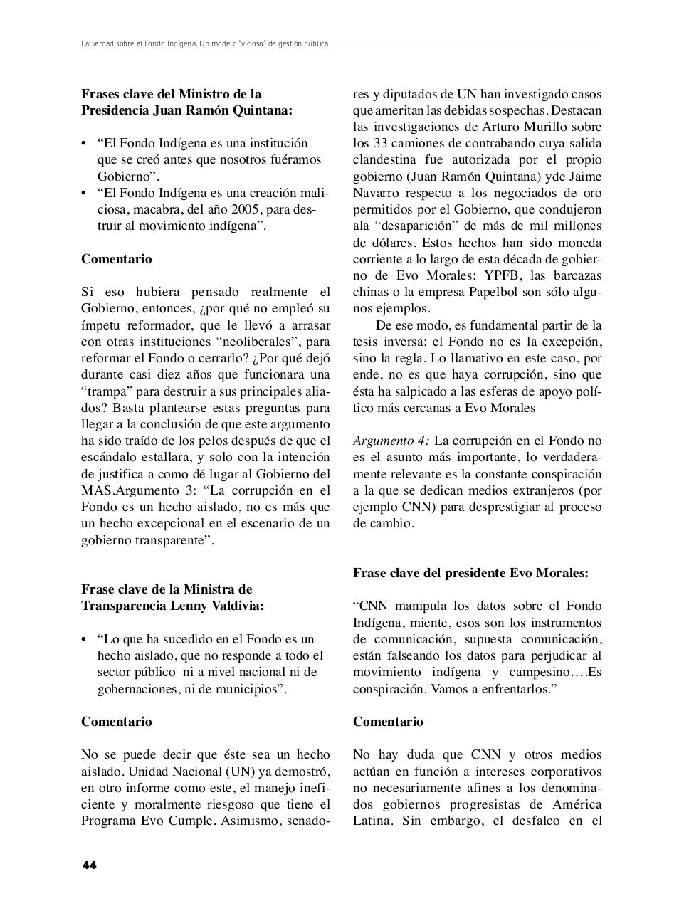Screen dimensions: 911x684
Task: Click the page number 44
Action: [x=89, y=865]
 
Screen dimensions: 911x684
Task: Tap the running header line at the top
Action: [x=205, y=44]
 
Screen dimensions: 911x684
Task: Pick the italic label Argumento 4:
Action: [x=391, y=441]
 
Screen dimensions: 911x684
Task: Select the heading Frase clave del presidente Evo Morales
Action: [x=470, y=573]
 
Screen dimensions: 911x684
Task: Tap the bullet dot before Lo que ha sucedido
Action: [x=85, y=639]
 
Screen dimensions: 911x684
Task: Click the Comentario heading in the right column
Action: [x=388, y=722]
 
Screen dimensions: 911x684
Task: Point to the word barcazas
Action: [x=575, y=275]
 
